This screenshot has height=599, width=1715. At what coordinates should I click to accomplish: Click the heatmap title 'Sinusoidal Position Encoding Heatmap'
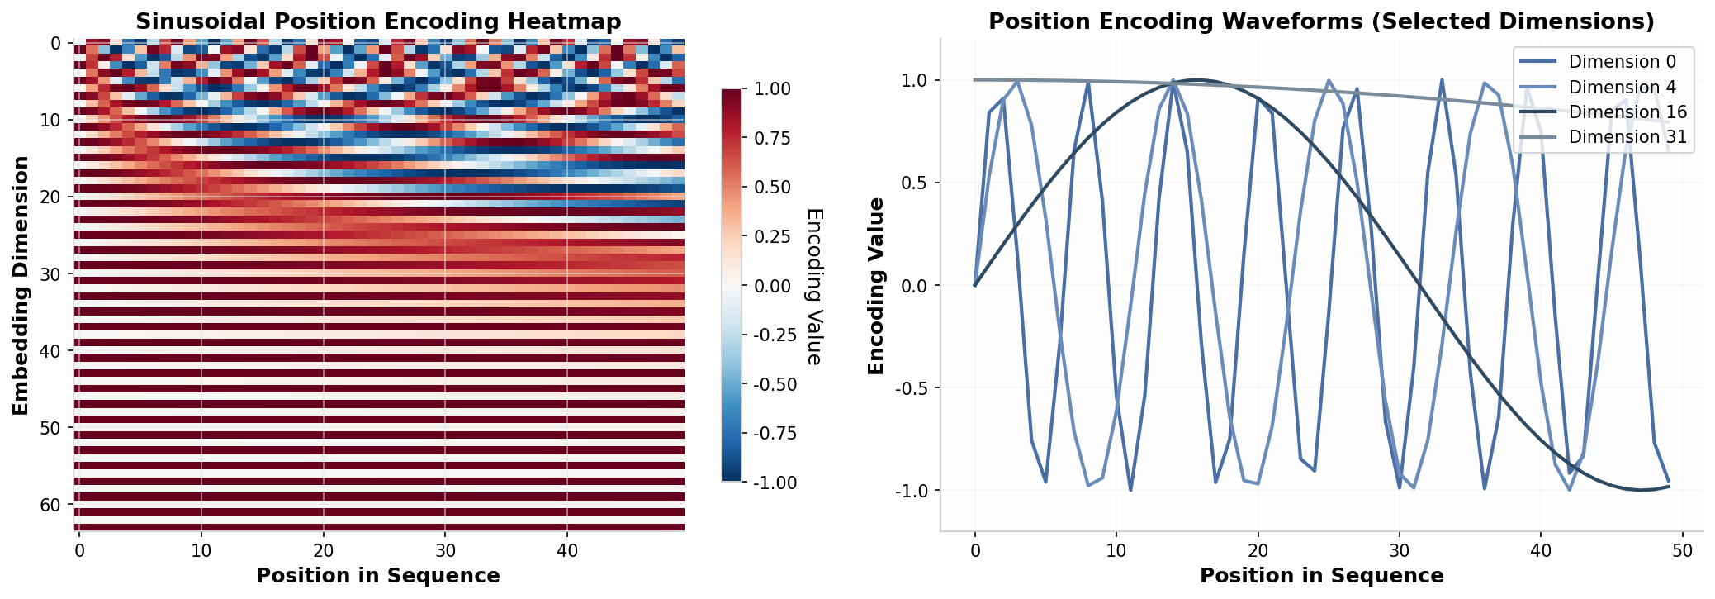(378, 21)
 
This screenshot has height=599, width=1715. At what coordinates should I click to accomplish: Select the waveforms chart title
(1321, 21)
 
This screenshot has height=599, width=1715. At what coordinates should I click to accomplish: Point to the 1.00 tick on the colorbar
(771, 89)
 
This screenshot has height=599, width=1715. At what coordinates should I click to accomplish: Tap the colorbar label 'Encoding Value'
(814, 286)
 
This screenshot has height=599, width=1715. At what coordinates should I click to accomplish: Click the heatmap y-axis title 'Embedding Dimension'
(21, 286)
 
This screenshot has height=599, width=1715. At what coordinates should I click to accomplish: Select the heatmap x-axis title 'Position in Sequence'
(378, 576)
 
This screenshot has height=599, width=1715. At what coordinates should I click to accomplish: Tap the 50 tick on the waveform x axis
(1682, 551)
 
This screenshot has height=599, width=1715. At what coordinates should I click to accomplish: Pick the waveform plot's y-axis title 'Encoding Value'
(876, 286)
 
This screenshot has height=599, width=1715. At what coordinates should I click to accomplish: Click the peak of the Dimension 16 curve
(1199, 80)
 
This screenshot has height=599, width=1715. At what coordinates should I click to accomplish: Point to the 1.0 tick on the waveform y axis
(915, 80)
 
